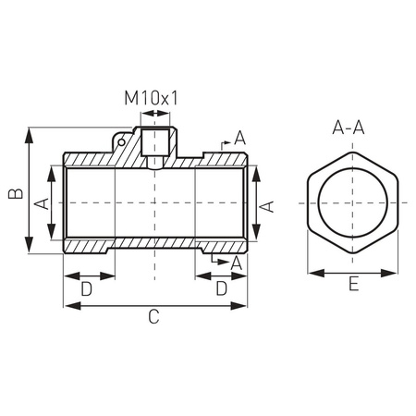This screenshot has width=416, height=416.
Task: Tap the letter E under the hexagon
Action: tap(355, 287)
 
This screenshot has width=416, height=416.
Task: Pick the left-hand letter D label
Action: tap(86, 289)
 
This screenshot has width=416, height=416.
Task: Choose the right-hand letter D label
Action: tap(222, 289)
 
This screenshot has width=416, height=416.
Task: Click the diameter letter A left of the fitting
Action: tap(41, 203)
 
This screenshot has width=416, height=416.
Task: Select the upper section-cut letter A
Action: tap(239, 138)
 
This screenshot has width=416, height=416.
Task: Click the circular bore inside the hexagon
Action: tap(355, 204)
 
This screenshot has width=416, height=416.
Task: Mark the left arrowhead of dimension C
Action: tap(67, 305)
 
